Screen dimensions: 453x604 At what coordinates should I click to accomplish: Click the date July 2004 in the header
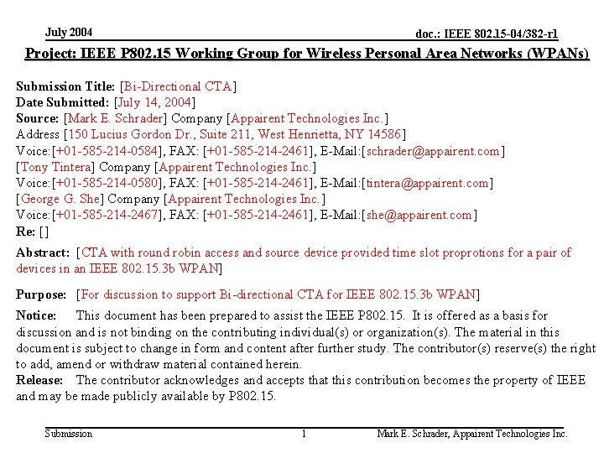click(69, 33)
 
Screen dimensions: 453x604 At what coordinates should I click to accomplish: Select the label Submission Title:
click(66, 86)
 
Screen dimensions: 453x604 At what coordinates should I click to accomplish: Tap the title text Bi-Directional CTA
click(178, 86)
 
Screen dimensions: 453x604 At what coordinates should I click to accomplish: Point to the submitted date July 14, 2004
click(154, 102)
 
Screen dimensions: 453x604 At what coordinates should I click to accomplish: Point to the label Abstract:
click(43, 253)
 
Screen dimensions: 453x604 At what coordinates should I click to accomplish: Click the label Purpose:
click(41, 294)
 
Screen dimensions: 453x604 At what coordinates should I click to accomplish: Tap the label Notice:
click(36, 315)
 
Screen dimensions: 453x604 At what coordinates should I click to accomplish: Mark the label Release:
click(39, 380)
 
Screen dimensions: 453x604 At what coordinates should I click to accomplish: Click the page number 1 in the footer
click(304, 434)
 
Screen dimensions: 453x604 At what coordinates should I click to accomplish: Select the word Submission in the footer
click(68, 434)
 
